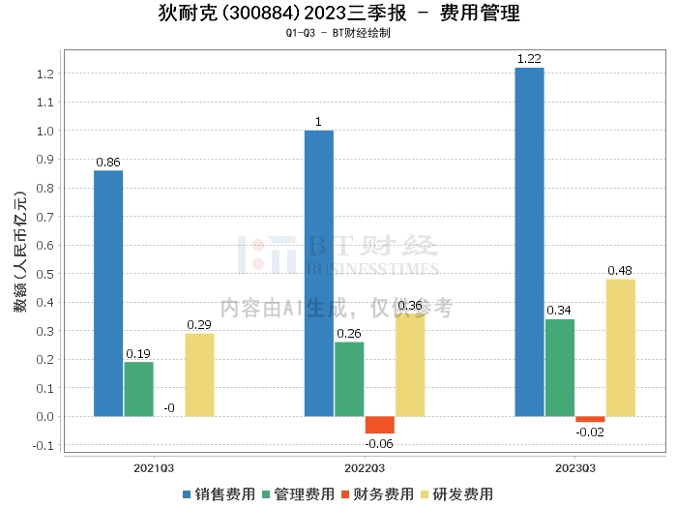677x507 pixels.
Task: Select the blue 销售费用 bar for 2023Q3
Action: tap(529, 242)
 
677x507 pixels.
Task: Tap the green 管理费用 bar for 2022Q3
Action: tap(349, 379)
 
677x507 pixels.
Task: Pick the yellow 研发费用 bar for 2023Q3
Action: tap(621, 348)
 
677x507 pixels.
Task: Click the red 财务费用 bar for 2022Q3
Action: tap(379, 426)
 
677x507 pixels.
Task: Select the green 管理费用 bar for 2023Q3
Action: tap(559, 368)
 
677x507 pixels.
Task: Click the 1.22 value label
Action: tap(529, 59)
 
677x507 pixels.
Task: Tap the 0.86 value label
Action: tap(108, 163)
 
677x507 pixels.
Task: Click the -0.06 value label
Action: tap(379, 443)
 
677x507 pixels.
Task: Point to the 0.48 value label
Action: tap(621, 271)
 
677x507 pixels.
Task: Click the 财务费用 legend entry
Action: tap(375, 494)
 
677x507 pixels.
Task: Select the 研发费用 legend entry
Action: tap(454, 494)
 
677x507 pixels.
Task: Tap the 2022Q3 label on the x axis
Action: tap(365, 467)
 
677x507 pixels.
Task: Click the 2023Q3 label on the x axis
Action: tap(574, 467)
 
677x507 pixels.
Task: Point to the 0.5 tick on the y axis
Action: tap(45, 274)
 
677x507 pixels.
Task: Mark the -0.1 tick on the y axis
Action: tap(44, 446)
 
